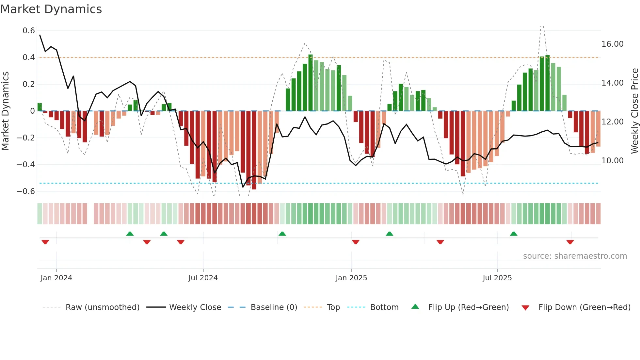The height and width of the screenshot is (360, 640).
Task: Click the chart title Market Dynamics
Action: (x=51, y=9)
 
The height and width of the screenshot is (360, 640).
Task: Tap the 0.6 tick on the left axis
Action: (x=29, y=31)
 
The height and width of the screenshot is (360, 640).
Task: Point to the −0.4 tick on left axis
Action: (x=26, y=164)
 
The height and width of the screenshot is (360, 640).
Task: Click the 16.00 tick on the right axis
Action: (x=612, y=44)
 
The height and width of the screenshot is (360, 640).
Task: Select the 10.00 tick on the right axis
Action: (x=612, y=161)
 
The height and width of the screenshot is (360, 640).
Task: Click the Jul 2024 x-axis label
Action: (x=203, y=278)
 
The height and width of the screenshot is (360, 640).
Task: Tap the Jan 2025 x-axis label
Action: (x=351, y=278)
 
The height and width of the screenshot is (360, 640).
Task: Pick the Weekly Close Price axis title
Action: (x=634, y=111)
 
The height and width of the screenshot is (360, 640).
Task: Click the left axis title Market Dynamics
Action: (x=5, y=111)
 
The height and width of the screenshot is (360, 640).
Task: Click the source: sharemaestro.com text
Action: (x=575, y=256)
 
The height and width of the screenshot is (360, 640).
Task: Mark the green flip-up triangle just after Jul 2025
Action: (x=513, y=234)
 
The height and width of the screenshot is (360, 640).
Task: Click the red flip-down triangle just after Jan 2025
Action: (x=356, y=242)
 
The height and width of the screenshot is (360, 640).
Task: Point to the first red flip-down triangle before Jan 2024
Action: (x=45, y=242)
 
